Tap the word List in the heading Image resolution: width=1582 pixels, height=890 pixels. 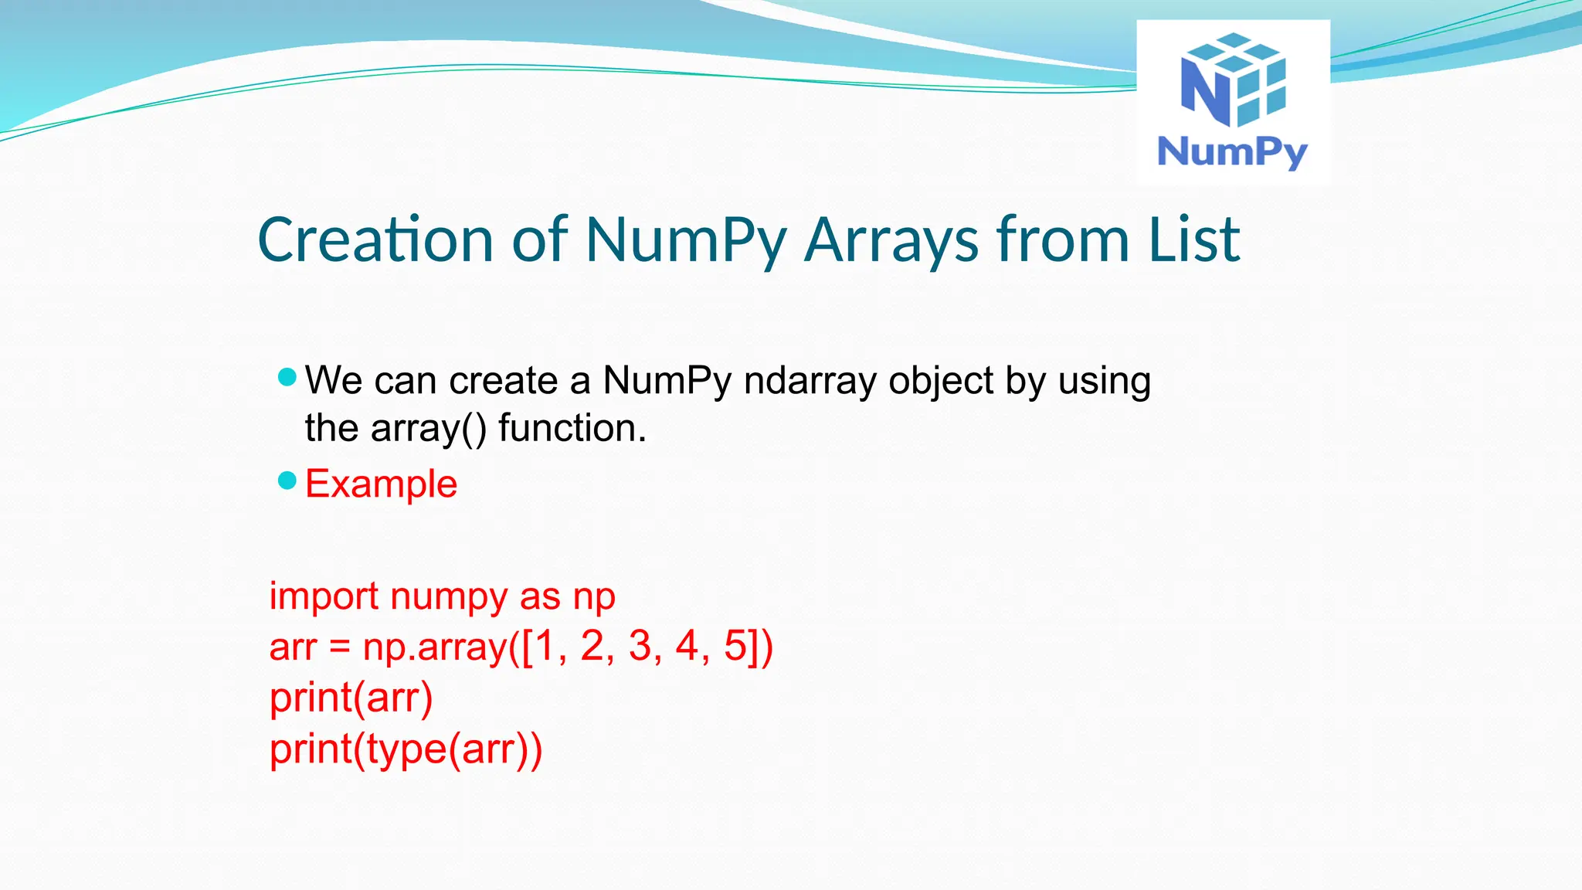1193,239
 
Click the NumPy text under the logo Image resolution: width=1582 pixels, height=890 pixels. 1232,151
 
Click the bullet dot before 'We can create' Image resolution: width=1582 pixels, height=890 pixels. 287,377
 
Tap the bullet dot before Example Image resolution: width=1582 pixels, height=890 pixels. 287,481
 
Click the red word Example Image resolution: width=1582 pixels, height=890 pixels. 381,484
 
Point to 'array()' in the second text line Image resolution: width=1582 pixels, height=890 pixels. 429,429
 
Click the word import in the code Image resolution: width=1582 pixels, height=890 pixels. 324,597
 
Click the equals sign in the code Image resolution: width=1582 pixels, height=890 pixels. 340,647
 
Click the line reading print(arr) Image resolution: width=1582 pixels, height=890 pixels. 351,698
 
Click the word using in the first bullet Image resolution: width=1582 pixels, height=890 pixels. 1104,382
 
